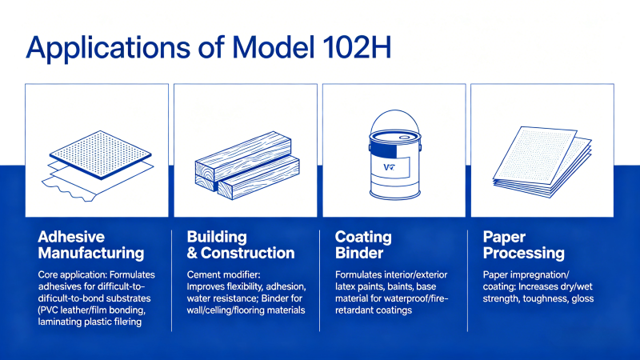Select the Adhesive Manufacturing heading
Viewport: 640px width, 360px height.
(x=91, y=245)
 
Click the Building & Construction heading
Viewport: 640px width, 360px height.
(x=241, y=245)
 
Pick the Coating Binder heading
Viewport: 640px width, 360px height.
(x=363, y=245)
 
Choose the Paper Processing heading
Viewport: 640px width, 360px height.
(x=524, y=245)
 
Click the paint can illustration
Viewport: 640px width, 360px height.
(x=394, y=154)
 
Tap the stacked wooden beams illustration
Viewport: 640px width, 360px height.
(x=247, y=166)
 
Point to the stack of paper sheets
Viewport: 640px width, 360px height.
(x=542, y=162)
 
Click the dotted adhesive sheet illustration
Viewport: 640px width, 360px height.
(x=98, y=166)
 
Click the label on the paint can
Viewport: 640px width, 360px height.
(x=390, y=166)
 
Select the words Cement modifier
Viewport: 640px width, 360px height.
(x=223, y=274)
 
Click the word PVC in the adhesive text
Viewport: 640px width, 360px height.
(x=49, y=310)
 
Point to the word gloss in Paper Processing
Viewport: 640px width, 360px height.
(x=582, y=298)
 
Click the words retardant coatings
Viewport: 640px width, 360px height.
(x=374, y=310)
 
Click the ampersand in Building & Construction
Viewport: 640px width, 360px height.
(x=192, y=254)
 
